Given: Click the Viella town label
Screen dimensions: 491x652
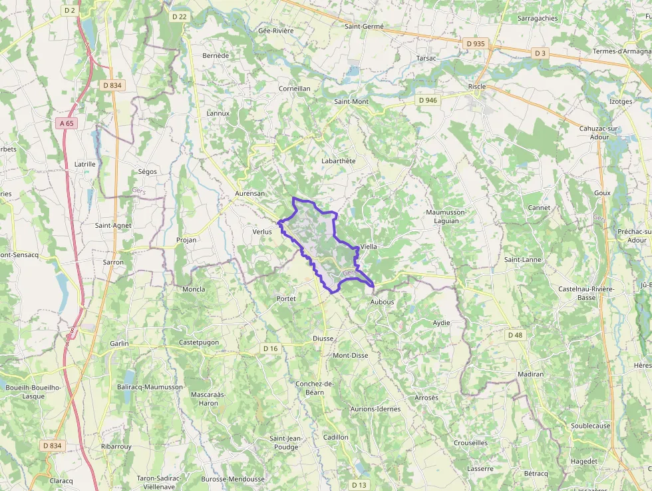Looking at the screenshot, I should click(x=368, y=246).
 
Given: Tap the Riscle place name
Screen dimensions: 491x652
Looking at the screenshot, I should click(x=477, y=87).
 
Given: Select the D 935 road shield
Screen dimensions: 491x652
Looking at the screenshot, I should click(x=476, y=43).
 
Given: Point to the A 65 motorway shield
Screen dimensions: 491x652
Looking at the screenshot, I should click(x=66, y=123).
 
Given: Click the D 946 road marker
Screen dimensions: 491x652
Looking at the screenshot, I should click(x=428, y=100).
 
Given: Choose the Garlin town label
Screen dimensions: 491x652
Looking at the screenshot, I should click(x=120, y=344).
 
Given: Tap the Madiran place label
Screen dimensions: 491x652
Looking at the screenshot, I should click(x=530, y=374).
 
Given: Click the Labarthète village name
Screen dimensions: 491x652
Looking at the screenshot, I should click(x=339, y=161).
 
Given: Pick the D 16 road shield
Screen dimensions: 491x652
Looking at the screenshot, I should click(x=269, y=348).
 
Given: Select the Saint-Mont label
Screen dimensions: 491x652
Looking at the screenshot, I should click(x=351, y=101).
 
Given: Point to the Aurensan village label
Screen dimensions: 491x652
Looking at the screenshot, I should click(x=250, y=193).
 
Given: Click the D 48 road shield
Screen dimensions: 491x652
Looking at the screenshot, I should click(x=515, y=335).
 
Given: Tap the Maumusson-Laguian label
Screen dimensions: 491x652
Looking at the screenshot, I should click(x=447, y=217).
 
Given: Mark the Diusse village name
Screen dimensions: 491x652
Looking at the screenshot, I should click(x=323, y=338).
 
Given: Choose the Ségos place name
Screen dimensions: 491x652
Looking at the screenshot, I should click(x=147, y=171).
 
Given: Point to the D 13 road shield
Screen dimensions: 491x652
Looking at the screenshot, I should click(x=359, y=484).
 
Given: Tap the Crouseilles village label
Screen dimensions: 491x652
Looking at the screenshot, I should click(x=470, y=442).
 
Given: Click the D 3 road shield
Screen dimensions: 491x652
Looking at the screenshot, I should click(x=540, y=53).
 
